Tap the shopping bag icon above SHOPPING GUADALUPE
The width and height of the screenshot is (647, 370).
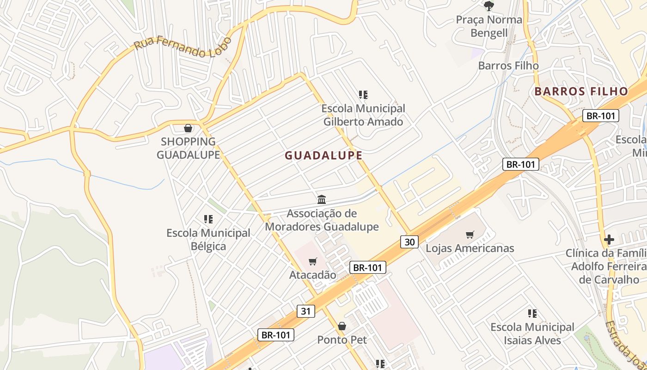coord(188,128)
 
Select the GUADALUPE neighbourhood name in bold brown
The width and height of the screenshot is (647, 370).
coord(323,155)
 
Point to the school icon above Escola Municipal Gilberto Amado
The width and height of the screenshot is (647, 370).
coord(363,95)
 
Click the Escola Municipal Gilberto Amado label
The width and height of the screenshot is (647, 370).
coord(363,115)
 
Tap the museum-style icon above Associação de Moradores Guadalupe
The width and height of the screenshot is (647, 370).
coord(322,200)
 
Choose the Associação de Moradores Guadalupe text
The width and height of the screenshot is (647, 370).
coord(322,220)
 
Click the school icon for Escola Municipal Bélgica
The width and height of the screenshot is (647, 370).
coord(208,219)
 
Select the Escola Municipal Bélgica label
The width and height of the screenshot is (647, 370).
coord(208,239)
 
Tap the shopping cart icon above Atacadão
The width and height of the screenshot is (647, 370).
coord(313,262)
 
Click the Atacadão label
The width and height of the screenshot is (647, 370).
coord(313,275)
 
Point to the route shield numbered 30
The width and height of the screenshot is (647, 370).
coord(409,241)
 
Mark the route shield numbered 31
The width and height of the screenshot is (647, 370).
coord(305,311)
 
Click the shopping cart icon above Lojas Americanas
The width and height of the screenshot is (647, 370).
coord(470,235)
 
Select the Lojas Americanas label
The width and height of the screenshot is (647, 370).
coord(470,248)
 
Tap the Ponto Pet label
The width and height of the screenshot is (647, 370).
coord(342,340)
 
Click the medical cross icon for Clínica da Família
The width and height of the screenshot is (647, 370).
coord(609,240)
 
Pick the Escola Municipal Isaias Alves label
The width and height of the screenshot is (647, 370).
coord(532,333)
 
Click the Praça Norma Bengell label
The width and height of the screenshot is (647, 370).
coord(489,26)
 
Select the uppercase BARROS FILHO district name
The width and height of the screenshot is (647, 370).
coord(581,91)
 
